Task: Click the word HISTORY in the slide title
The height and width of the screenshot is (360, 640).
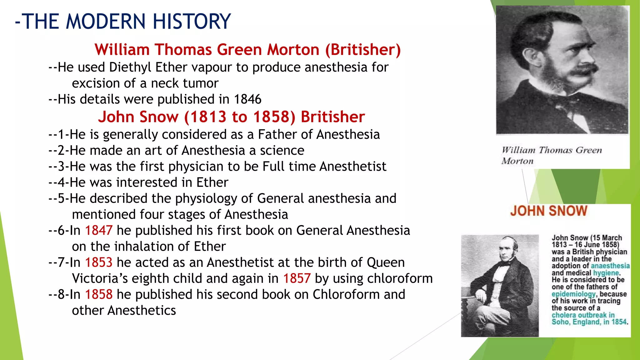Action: pyautogui.click(x=192, y=22)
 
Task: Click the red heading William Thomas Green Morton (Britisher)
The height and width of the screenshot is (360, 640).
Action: pyautogui.click(x=247, y=50)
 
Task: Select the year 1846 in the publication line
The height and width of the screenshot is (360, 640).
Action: pyautogui.click(x=247, y=99)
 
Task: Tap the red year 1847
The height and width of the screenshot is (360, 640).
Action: pyautogui.click(x=98, y=231)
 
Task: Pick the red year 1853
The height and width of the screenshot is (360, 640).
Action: pyautogui.click(x=98, y=262)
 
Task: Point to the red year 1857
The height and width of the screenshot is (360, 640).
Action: pyautogui.click(x=297, y=278)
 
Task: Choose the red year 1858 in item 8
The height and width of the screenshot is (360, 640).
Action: pyautogui.click(x=98, y=294)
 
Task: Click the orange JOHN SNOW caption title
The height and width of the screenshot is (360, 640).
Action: pyautogui.click(x=549, y=211)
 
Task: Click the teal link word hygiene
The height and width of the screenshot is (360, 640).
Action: pyautogui.click(x=606, y=273)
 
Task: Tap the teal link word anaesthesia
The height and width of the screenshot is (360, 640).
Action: pyautogui.click(x=610, y=266)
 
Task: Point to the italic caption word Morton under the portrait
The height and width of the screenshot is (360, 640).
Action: pyautogui.click(x=517, y=161)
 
